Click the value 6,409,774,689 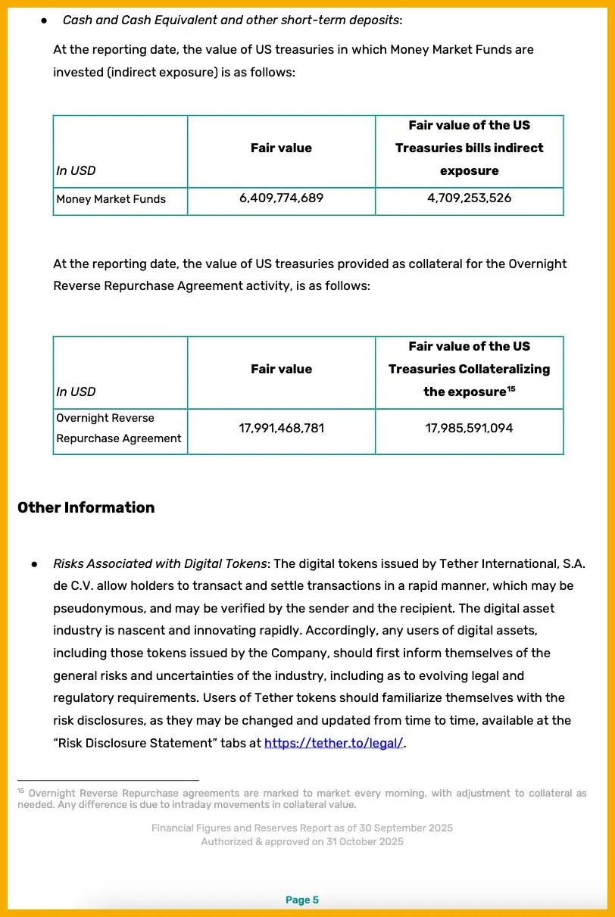tap(281, 198)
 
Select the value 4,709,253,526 tap(469, 198)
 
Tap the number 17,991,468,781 tap(281, 429)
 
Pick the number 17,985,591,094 tap(469, 429)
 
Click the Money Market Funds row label tap(111, 200)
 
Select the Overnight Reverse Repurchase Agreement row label tap(118, 429)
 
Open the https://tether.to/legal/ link tap(333, 743)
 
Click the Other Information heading tap(86, 508)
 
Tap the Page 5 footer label tap(302, 900)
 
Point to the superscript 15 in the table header tap(510, 388)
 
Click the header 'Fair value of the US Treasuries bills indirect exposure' tap(469, 148)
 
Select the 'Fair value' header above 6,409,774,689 tap(281, 148)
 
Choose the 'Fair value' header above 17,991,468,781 tap(281, 370)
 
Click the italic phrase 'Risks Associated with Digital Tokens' tap(160, 564)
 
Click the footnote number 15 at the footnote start tap(21, 791)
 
